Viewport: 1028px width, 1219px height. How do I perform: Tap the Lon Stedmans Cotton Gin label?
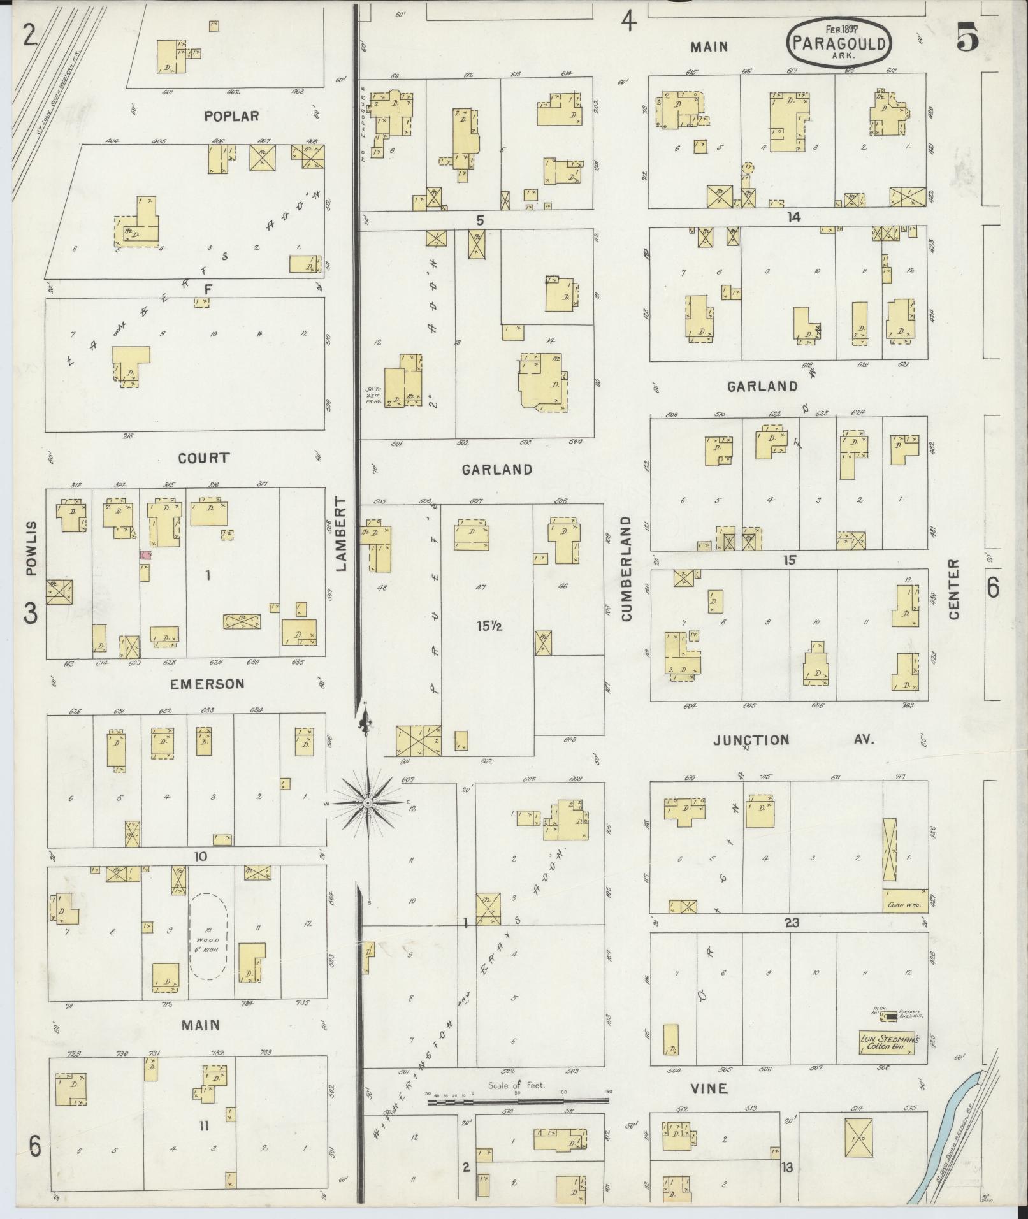tap(887, 1043)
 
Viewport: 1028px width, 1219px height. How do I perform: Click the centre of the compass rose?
tap(368, 804)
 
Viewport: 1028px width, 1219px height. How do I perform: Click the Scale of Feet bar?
tap(518, 1100)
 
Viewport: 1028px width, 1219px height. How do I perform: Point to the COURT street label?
tap(204, 458)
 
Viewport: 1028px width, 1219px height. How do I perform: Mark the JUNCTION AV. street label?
tap(793, 740)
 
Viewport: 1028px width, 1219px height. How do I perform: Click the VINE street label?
tap(709, 1088)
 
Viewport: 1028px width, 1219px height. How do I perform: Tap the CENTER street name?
tap(954, 589)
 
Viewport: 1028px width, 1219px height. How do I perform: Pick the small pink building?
tap(145, 555)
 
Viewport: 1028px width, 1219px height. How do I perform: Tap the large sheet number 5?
tap(967, 40)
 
